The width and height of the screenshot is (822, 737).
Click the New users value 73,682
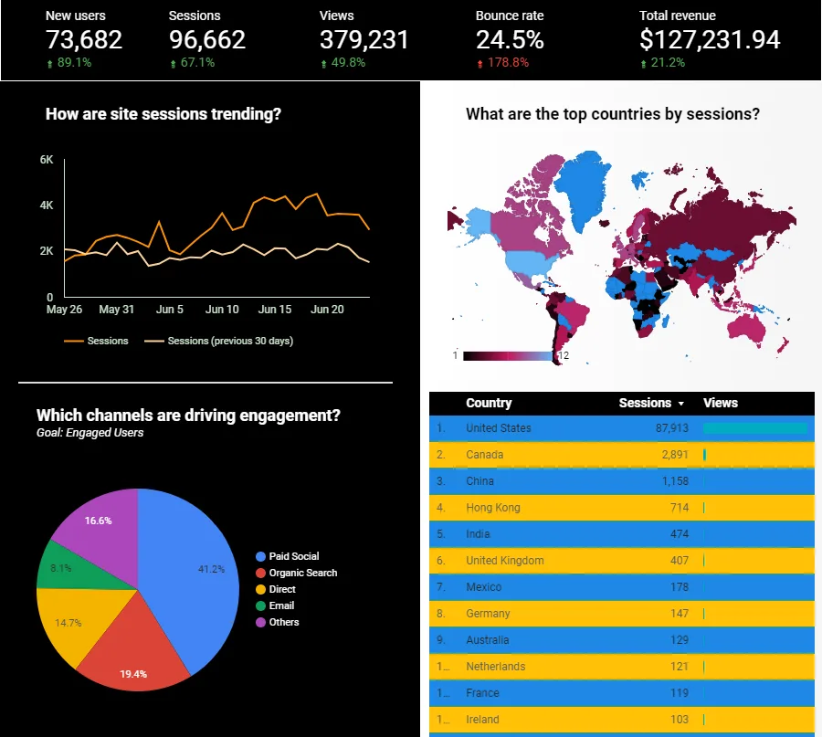tap(84, 40)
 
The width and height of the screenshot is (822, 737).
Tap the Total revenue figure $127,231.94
tap(710, 40)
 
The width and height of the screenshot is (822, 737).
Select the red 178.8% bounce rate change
tap(502, 63)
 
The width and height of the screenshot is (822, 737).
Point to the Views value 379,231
tap(364, 40)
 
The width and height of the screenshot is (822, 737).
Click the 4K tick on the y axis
tap(47, 205)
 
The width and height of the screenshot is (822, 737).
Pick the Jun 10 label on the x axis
tap(222, 310)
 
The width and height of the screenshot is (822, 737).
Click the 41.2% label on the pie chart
tap(211, 569)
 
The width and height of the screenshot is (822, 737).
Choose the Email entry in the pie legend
tap(275, 605)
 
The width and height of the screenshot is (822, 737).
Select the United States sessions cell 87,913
tap(671, 428)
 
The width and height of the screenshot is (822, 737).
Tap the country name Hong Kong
tap(493, 508)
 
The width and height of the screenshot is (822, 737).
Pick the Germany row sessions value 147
tap(680, 614)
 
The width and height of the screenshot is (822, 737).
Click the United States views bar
tap(755, 428)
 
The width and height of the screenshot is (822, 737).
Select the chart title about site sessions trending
tap(163, 114)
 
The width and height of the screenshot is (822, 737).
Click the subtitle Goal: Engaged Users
tap(90, 433)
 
